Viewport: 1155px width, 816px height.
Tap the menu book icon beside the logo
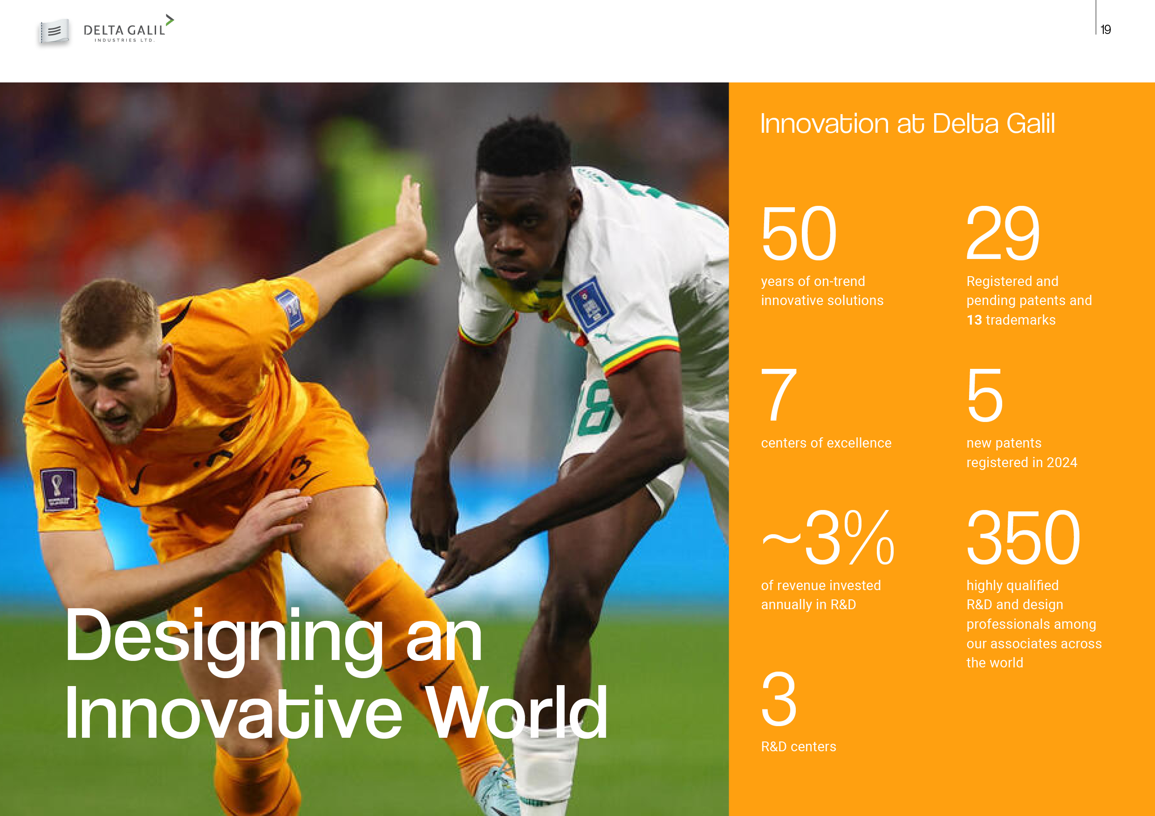point(55,32)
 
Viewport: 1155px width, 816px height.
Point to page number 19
point(1105,30)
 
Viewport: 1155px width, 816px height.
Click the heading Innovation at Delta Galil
point(907,124)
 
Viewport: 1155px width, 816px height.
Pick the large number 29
point(1003,233)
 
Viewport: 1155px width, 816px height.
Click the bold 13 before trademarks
point(974,320)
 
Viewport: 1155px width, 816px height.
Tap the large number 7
point(779,394)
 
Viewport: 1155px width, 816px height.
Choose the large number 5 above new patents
point(984,394)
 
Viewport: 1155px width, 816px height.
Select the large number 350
point(1023,537)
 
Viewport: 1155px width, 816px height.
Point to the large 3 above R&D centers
point(779,699)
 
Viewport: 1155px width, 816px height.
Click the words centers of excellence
point(826,443)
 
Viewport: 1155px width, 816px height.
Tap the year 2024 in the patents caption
point(1062,462)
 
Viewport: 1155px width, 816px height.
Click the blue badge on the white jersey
point(589,304)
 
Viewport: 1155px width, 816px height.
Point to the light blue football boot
point(496,789)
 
